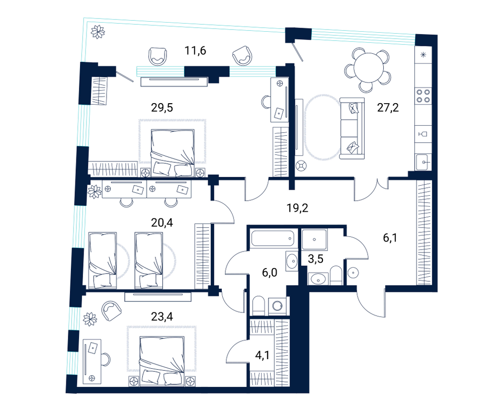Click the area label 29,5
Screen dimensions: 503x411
(162, 108)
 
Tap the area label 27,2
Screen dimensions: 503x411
(388, 108)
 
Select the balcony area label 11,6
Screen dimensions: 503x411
(195, 50)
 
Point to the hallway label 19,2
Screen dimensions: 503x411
(297, 208)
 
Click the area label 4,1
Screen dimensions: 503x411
(263, 355)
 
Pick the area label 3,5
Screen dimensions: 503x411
(315, 259)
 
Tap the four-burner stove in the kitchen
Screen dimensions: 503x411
(423, 96)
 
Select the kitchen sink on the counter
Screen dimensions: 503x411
(424, 162)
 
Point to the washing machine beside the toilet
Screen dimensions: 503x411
(277, 306)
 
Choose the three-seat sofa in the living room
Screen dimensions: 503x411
(352, 128)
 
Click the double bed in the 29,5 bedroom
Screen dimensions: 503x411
(173, 153)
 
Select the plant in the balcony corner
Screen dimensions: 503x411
(98, 32)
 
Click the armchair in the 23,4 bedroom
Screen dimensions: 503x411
(111, 310)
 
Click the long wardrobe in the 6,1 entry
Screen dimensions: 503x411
(424, 232)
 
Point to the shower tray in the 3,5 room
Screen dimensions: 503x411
(314, 239)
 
